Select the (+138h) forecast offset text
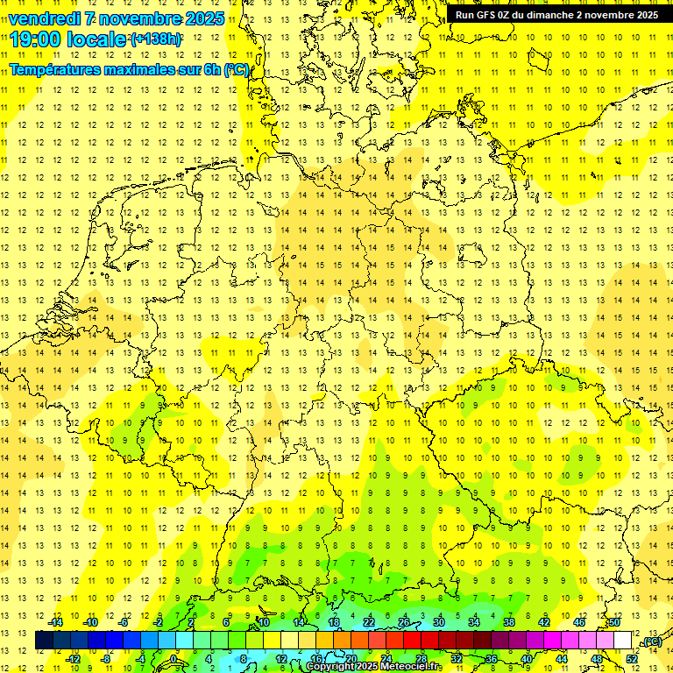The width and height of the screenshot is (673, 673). (x=156, y=39)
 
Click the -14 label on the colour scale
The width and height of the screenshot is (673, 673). (x=55, y=622)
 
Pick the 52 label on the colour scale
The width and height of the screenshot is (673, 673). (x=632, y=658)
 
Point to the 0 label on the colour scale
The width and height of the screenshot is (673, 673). (x=174, y=658)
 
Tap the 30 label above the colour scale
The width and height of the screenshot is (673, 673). (x=439, y=622)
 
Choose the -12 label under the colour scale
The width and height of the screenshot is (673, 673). (x=74, y=658)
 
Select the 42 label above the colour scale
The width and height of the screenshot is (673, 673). (x=543, y=622)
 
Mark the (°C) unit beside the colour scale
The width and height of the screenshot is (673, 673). (x=650, y=641)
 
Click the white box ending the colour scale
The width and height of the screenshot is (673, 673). (x=622, y=640)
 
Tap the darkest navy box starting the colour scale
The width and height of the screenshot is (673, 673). (x=44, y=640)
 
